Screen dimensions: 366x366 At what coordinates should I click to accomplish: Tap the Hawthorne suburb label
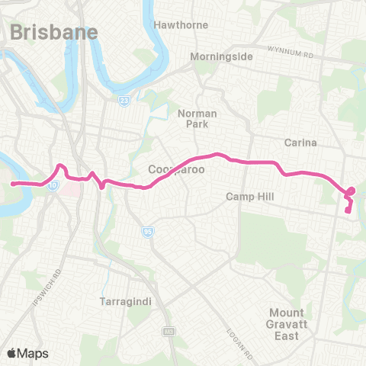(x=181, y=25)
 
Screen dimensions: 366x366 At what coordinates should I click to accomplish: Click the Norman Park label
(x=197, y=118)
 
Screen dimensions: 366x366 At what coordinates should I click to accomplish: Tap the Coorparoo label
(x=177, y=169)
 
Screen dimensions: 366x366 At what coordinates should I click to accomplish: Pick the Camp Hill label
(x=249, y=197)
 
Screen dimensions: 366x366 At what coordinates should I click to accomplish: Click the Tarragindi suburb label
(x=126, y=302)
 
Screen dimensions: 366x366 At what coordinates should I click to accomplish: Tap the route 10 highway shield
(x=53, y=185)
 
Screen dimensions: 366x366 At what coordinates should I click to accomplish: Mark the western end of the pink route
(x=13, y=184)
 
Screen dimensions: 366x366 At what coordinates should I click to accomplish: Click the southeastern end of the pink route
(x=348, y=211)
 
